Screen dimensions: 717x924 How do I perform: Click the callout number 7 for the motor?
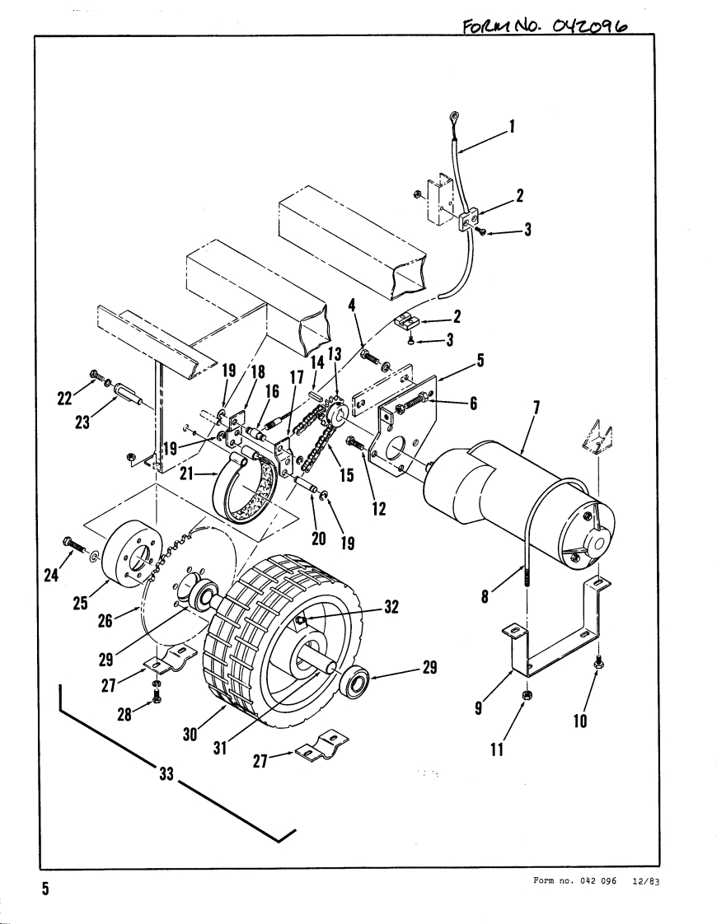[x=535, y=407]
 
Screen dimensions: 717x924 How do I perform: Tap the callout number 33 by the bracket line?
[x=166, y=772]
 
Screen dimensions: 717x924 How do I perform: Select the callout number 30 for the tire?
[x=190, y=735]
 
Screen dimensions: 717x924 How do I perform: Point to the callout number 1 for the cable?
[x=512, y=126]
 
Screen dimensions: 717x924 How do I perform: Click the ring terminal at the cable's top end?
[x=455, y=117]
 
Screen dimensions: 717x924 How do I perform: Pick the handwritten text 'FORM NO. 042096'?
[x=546, y=25]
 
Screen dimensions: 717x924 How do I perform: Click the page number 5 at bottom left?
[x=45, y=889]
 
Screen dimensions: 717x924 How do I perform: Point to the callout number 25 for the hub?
[x=80, y=602]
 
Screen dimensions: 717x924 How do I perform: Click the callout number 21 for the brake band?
[x=186, y=473]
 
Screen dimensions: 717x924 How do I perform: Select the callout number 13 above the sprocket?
[x=335, y=353]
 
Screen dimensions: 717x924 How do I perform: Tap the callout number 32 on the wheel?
[x=391, y=606]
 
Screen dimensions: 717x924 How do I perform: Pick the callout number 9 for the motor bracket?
[x=478, y=707]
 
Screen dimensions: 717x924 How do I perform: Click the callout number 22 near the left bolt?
[x=64, y=399]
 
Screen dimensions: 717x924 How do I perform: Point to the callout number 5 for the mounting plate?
[x=480, y=360]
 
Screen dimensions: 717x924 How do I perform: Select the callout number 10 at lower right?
[x=580, y=720]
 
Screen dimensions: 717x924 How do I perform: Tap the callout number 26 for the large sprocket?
[x=105, y=620]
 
